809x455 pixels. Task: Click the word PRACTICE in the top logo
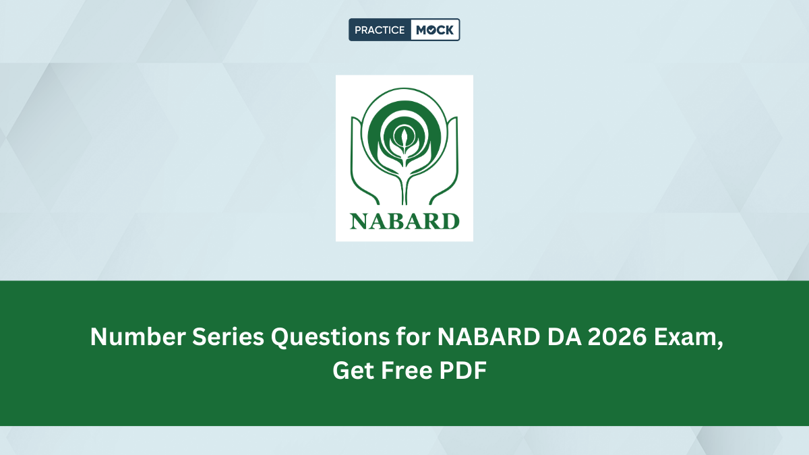(x=380, y=30)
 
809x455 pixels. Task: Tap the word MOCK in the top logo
(x=435, y=30)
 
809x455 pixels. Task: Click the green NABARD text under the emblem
(x=404, y=220)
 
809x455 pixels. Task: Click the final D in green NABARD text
(x=450, y=220)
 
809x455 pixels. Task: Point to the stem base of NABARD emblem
(x=404, y=195)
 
